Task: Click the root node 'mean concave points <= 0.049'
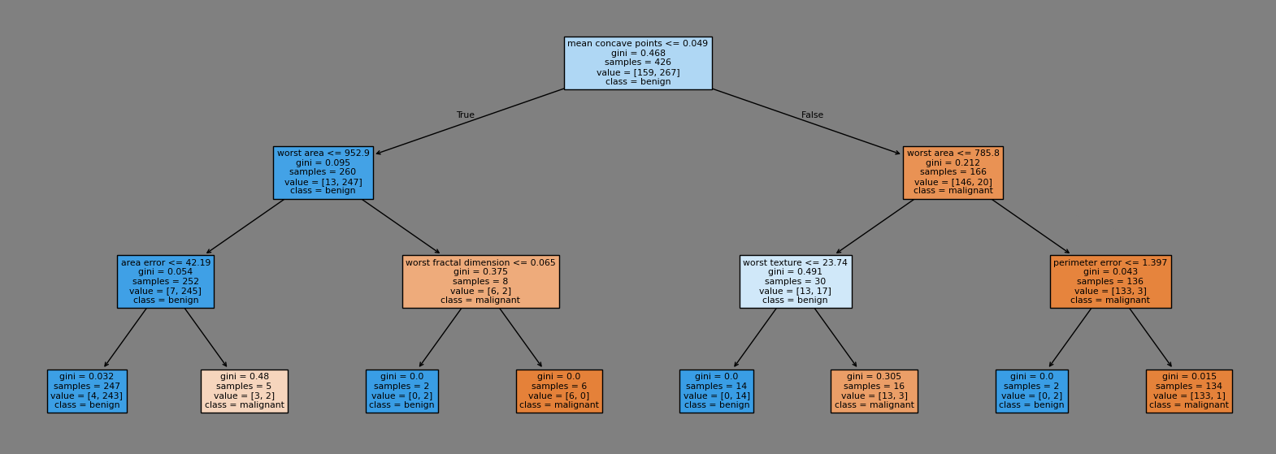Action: [637, 63]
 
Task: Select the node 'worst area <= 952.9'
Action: [323, 172]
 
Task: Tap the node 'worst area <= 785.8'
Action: [953, 172]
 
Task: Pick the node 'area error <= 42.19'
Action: [166, 281]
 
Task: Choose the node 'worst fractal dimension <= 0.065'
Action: [480, 281]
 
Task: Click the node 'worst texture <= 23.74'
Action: [796, 281]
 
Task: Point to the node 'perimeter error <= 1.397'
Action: [1110, 281]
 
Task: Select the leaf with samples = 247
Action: [87, 391]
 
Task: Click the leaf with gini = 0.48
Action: [245, 391]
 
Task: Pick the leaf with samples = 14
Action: [716, 391]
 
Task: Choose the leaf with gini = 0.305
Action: [874, 391]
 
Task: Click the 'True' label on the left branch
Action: [465, 115]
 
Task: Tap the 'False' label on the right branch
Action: [812, 115]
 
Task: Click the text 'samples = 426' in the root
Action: [637, 63]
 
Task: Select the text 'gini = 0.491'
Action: [796, 272]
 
